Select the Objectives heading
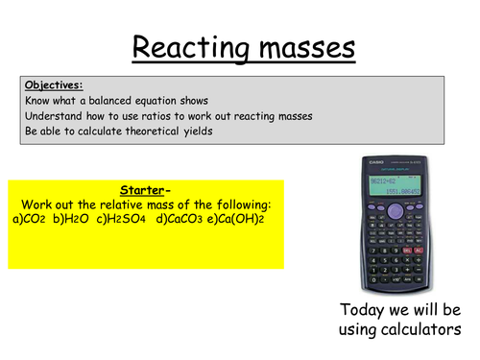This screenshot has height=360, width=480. pyautogui.click(x=54, y=84)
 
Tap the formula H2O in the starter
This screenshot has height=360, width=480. pyautogui.click(x=66, y=219)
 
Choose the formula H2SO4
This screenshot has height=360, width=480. pyautogui.click(x=111, y=219)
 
